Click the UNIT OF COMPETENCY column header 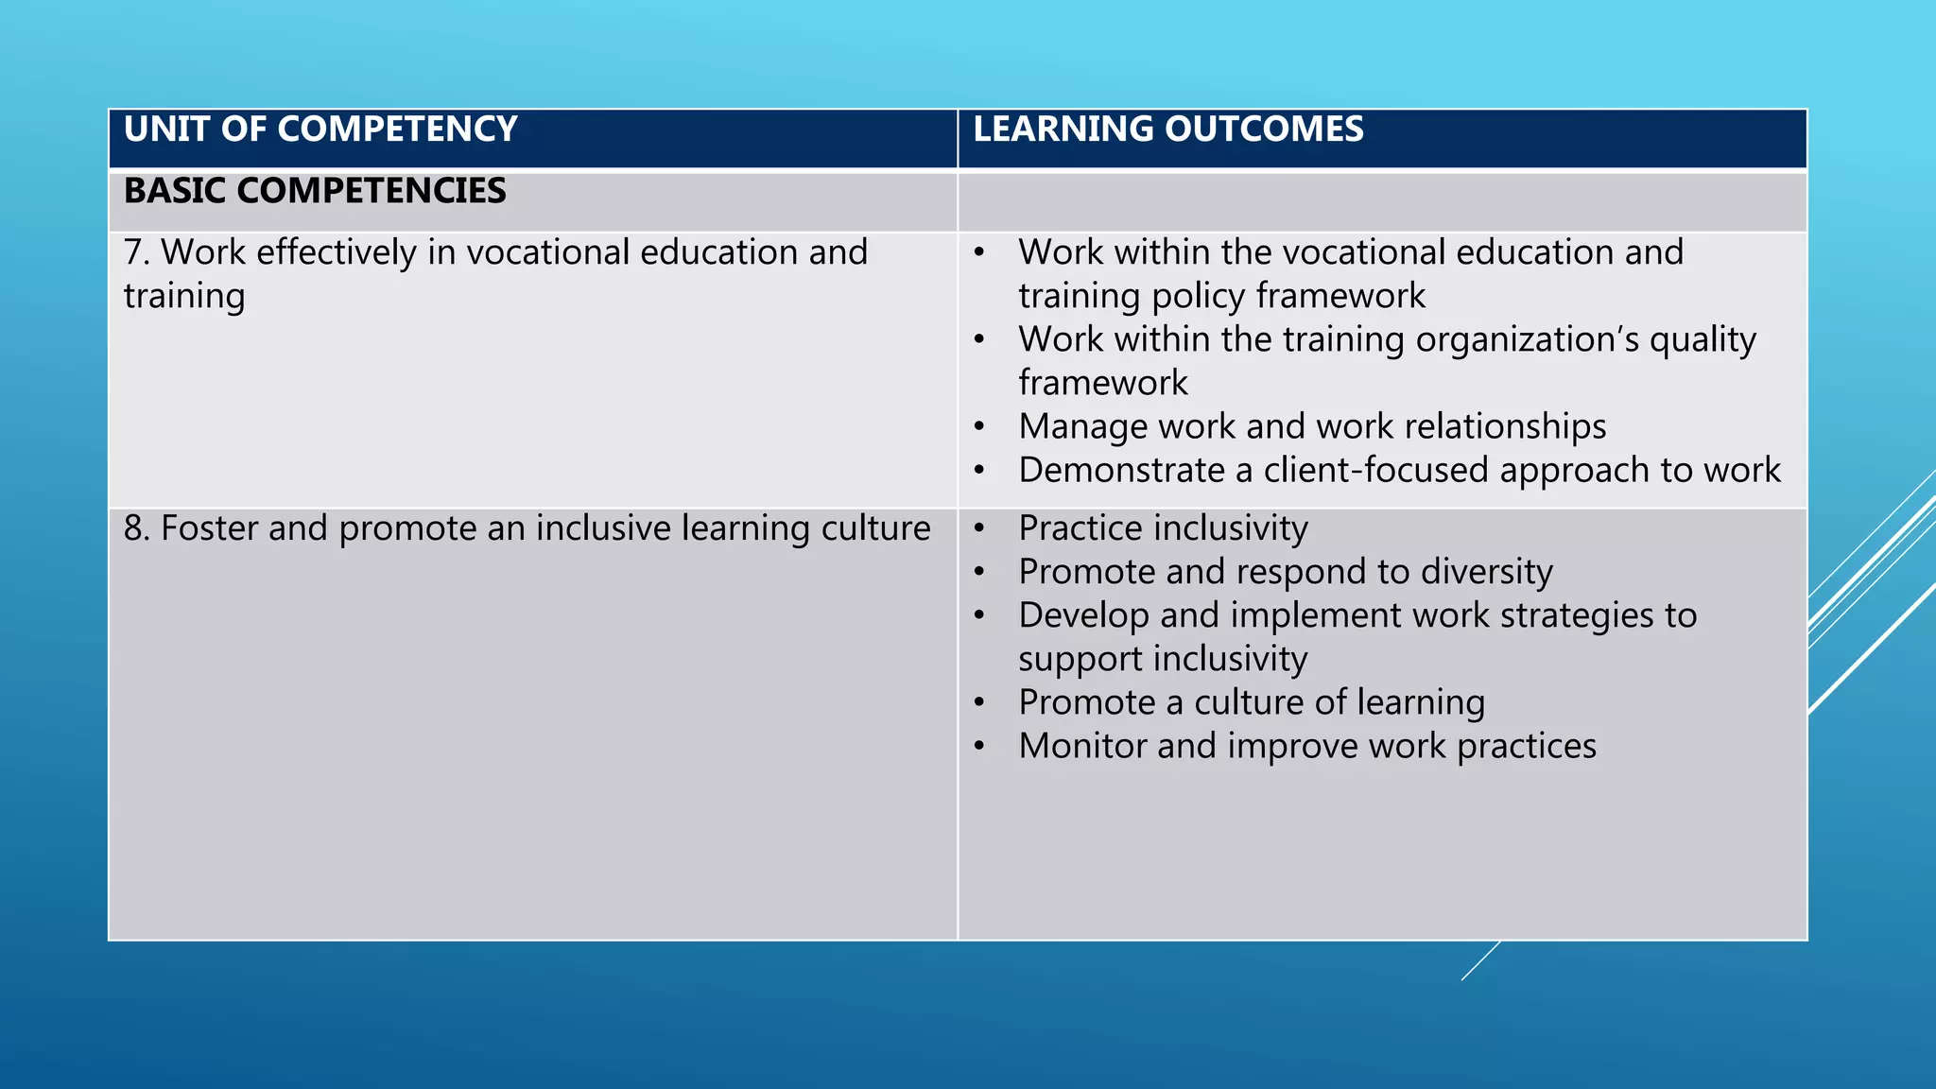(x=320, y=130)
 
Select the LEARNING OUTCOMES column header (x=1167, y=130)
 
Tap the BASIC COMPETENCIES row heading (x=315, y=191)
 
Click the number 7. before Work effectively (x=137, y=253)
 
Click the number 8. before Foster (x=137, y=528)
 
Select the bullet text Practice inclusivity (x=1163, y=528)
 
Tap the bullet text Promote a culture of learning (x=1251, y=702)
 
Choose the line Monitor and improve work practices (x=1306, y=746)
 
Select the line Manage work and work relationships (x=1311, y=426)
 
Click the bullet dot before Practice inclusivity (x=980, y=528)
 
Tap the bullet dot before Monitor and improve (x=980, y=747)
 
